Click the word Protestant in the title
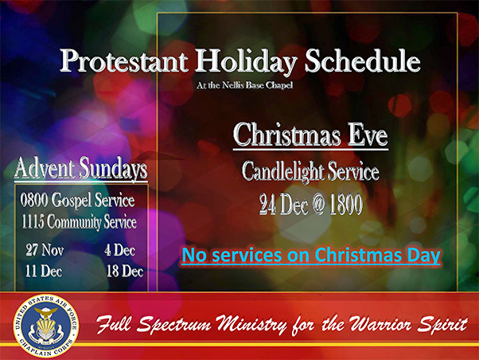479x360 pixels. coord(123,61)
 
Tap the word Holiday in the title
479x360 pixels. coord(246,62)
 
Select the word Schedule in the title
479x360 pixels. coord(363,61)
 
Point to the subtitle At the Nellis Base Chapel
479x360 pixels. coord(245,85)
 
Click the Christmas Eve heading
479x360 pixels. coord(310,135)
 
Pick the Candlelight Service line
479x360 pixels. coord(310,171)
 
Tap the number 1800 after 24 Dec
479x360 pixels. coord(346,205)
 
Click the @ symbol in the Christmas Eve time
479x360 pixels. coord(318,205)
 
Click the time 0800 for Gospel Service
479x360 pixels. coord(34,200)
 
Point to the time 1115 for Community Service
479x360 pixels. coord(33,221)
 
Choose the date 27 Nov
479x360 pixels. coord(45,250)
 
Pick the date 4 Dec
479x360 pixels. coord(119,250)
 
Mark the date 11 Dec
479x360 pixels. coord(44,271)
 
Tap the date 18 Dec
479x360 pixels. coord(125,271)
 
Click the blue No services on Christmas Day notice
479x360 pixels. coord(311,255)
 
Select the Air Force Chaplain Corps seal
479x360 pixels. coord(46,326)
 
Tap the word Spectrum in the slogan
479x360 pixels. coord(173,325)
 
